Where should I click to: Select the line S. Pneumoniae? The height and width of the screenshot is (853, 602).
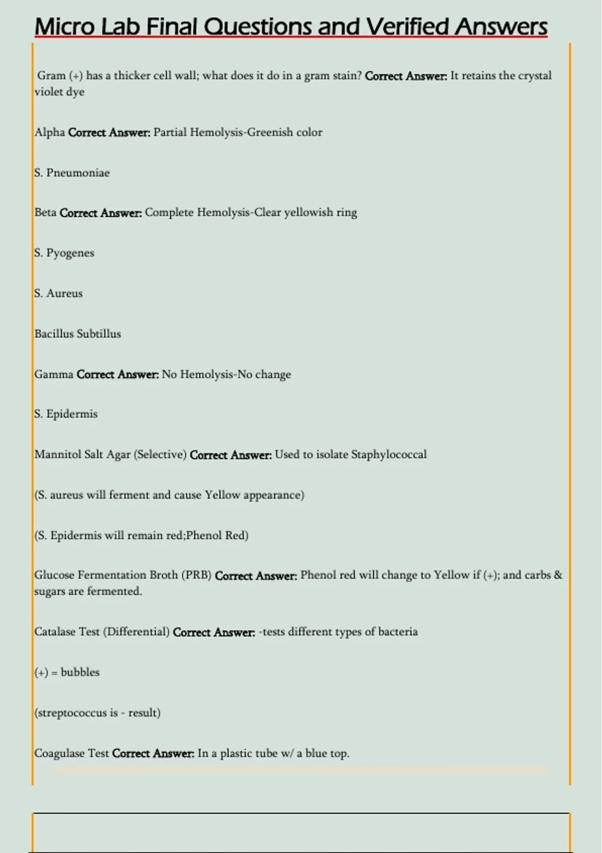(x=72, y=173)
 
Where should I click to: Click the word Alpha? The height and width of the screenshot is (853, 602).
(x=50, y=132)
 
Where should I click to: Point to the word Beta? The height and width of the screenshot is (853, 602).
(x=45, y=212)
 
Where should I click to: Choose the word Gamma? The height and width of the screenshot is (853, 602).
(x=54, y=374)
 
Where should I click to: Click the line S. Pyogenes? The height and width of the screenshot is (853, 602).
(x=64, y=253)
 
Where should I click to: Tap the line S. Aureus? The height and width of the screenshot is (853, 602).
(x=58, y=294)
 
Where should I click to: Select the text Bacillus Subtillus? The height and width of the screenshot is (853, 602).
(x=78, y=334)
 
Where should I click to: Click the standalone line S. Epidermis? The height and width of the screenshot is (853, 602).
(x=66, y=414)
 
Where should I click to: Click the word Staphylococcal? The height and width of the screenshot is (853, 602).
(x=389, y=455)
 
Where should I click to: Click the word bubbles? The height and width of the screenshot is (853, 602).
(x=80, y=672)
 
